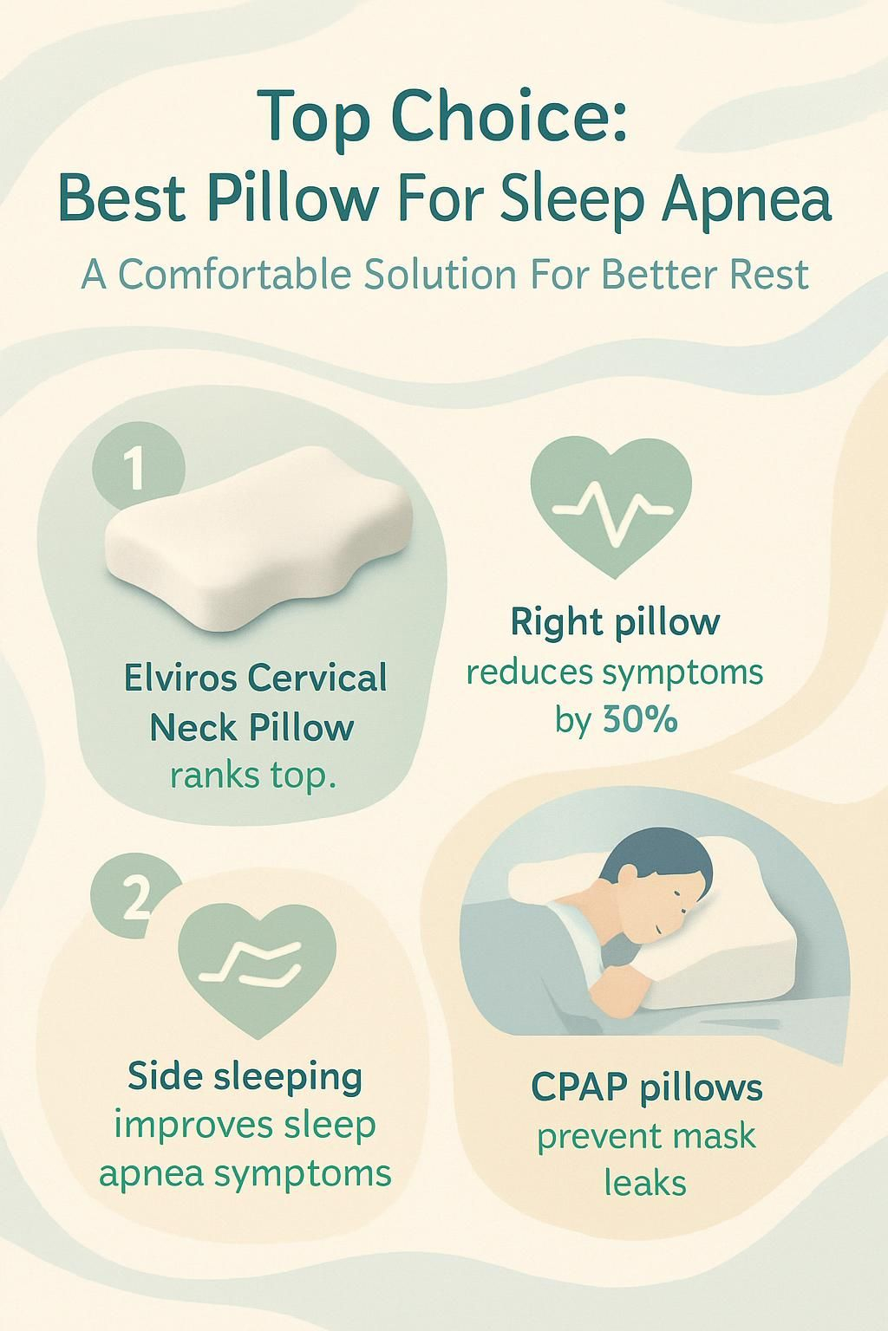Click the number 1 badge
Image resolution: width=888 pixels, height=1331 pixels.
(x=138, y=470)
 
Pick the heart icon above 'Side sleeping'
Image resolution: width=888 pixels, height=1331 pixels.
(x=257, y=970)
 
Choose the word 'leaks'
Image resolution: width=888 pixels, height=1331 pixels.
(x=645, y=1183)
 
